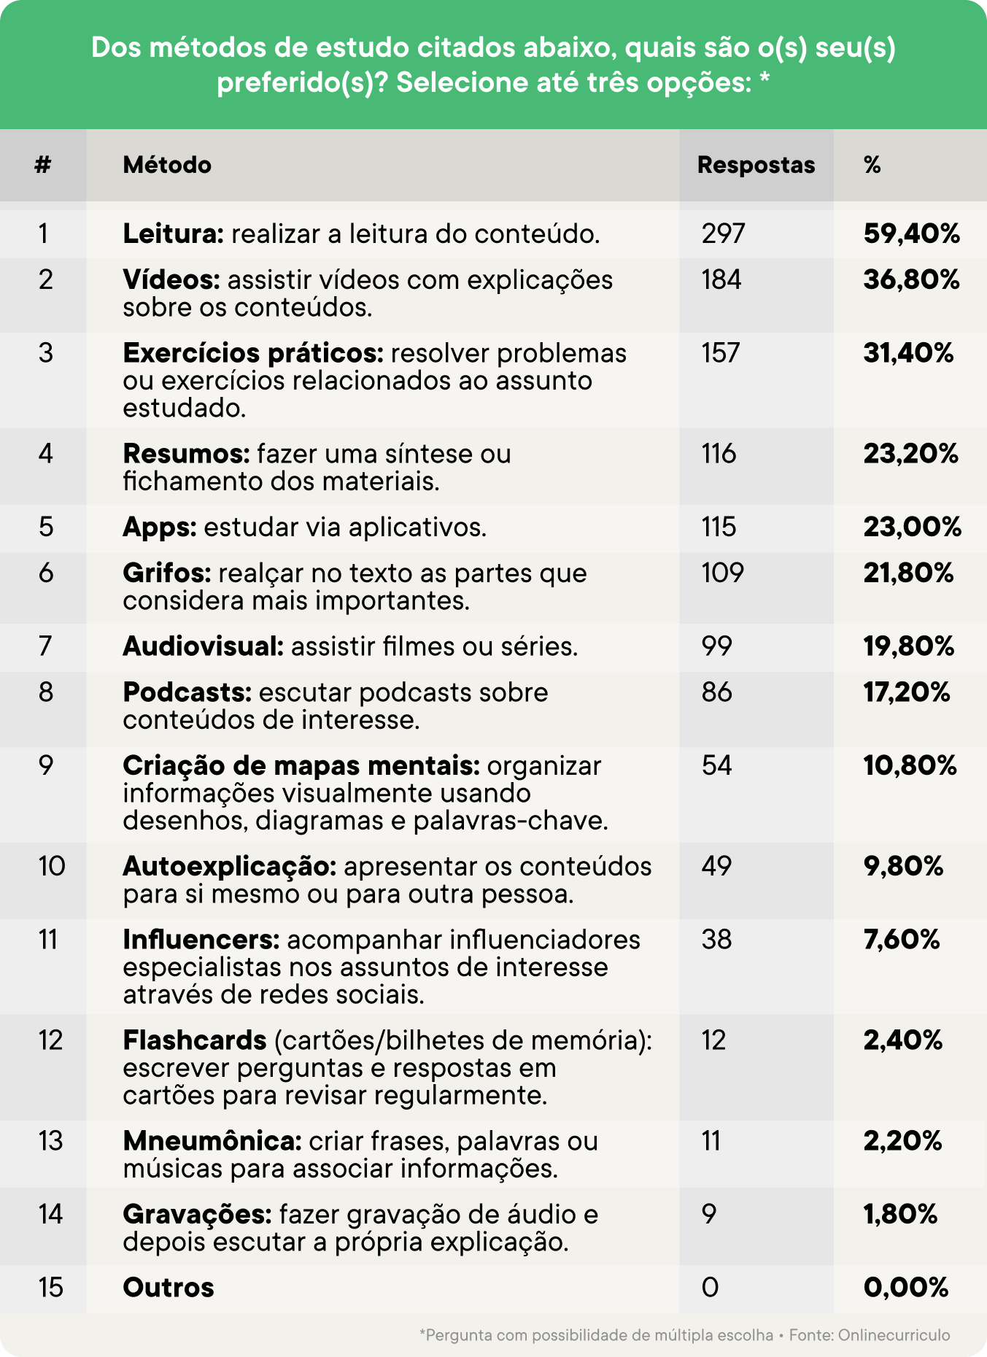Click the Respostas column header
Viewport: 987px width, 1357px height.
tap(756, 165)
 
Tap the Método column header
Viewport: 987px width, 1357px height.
tap(167, 165)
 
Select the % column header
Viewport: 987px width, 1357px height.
tap(872, 165)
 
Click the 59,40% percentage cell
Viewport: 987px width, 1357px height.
tap(911, 233)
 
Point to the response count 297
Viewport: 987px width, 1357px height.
tap(723, 233)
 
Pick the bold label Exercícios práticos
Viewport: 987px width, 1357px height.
tap(253, 353)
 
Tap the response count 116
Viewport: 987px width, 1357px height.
tap(719, 454)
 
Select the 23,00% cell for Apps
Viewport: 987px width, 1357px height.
tap(912, 527)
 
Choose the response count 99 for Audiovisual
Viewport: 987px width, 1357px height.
tap(716, 646)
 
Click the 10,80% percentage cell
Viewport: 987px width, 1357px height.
tap(910, 765)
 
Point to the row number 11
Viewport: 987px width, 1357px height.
tap(48, 939)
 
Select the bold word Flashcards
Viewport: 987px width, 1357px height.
tap(195, 1040)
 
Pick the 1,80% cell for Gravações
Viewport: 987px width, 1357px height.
tap(900, 1214)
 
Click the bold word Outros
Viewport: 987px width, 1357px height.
tap(169, 1288)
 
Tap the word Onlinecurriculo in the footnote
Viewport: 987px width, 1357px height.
tap(894, 1335)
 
